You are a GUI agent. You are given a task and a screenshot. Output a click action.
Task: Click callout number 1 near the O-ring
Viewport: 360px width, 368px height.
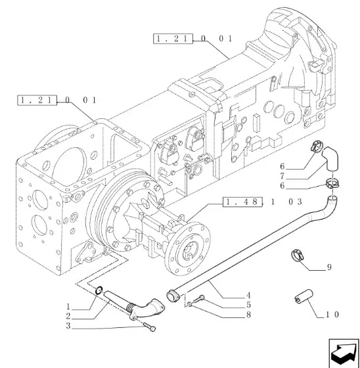click(68, 306)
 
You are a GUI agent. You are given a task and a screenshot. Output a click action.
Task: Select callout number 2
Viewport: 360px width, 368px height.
click(68, 316)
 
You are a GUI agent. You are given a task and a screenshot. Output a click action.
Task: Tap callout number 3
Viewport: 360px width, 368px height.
click(68, 326)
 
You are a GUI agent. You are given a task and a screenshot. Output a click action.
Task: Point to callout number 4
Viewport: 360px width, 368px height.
click(248, 296)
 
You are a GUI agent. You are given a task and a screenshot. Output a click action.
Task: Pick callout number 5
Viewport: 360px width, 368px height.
click(248, 305)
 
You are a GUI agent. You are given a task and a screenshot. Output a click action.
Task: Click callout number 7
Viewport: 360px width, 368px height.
click(282, 176)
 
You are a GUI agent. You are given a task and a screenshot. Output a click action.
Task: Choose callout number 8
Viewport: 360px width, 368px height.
click(248, 315)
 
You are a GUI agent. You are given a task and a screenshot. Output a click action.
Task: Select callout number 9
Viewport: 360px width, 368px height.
click(329, 267)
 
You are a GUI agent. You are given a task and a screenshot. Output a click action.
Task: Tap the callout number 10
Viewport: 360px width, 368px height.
click(332, 315)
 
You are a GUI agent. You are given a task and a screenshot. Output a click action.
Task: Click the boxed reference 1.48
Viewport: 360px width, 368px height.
click(242, 202)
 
